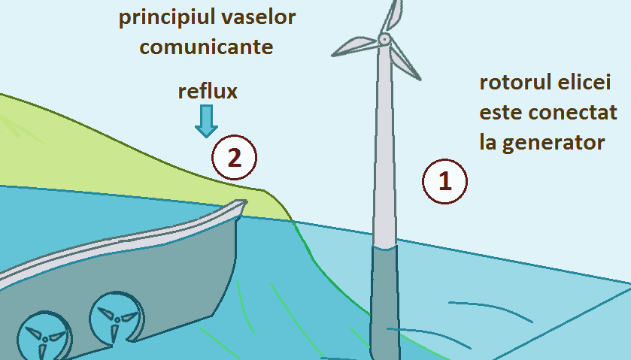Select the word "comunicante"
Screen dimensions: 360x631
pyautogui.click(x=206, y=47)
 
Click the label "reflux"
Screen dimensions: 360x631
pyautogui.click(x=208, y=92)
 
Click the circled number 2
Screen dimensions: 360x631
pyautogui.click(x=234, y=159)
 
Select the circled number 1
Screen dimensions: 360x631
pyautogui.click(x=444, y=181)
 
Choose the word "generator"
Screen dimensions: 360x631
pyautogui.click(x=552, y=142)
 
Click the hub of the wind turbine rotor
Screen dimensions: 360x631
pyautogui.click(x=384, y=38)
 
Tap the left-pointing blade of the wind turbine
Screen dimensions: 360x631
pyautogui.click(x=353, y=47)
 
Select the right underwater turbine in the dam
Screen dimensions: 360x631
pyautogui.click(x=115, y=319)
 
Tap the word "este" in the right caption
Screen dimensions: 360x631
pyautogui.click(x=502, y=113)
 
